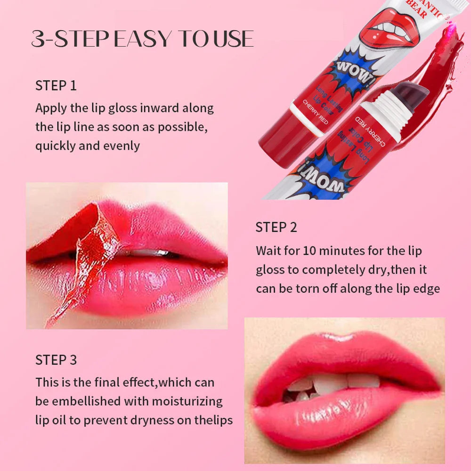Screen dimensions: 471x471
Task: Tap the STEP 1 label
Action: (56, 86)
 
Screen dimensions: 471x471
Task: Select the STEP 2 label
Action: (276, 227)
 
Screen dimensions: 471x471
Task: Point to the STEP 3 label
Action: (56, 360)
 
